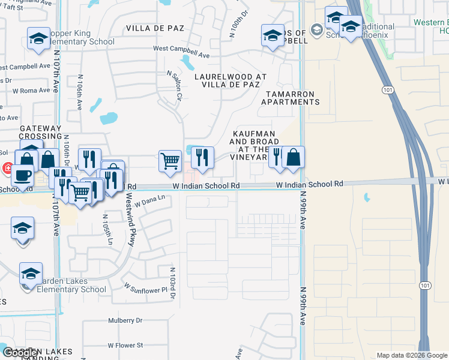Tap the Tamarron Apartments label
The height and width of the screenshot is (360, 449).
[290, 98]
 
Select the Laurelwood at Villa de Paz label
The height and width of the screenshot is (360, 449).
[231, 80]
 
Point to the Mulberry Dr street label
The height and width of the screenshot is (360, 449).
[125, 320]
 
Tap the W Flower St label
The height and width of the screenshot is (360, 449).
[125, 345]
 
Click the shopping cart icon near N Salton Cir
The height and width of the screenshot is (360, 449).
[170, 160]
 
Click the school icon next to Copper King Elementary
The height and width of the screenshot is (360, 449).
[38, 39]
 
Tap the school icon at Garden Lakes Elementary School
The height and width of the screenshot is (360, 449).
[31, 274]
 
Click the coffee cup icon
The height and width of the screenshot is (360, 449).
[23, 175]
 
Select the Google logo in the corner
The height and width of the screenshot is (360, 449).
[20, 353]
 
